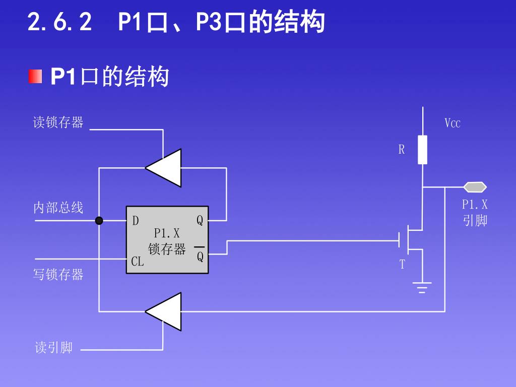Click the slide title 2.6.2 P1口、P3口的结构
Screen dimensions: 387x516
pos(176,22)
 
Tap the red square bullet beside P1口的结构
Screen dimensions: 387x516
pos(35,77)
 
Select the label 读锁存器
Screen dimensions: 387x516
pos(58,122)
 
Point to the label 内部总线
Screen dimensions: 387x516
pos(58,208)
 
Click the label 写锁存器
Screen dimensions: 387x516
pos(58,275)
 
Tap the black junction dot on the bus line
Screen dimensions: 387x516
pos(99,220)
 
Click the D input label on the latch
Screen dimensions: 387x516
pos(136,221)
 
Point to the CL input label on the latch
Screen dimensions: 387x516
pos(137,262)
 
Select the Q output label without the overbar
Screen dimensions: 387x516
pos(200,221)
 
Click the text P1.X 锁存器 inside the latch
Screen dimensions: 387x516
pos(167,241)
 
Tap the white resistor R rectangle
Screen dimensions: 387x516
pos(422,150)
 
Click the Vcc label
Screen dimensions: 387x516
pos(453,123)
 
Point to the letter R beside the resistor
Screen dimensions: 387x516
pos(402,150)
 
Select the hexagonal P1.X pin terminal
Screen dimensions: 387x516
pos(475,187)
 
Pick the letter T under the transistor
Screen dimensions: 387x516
pos(402,265)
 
